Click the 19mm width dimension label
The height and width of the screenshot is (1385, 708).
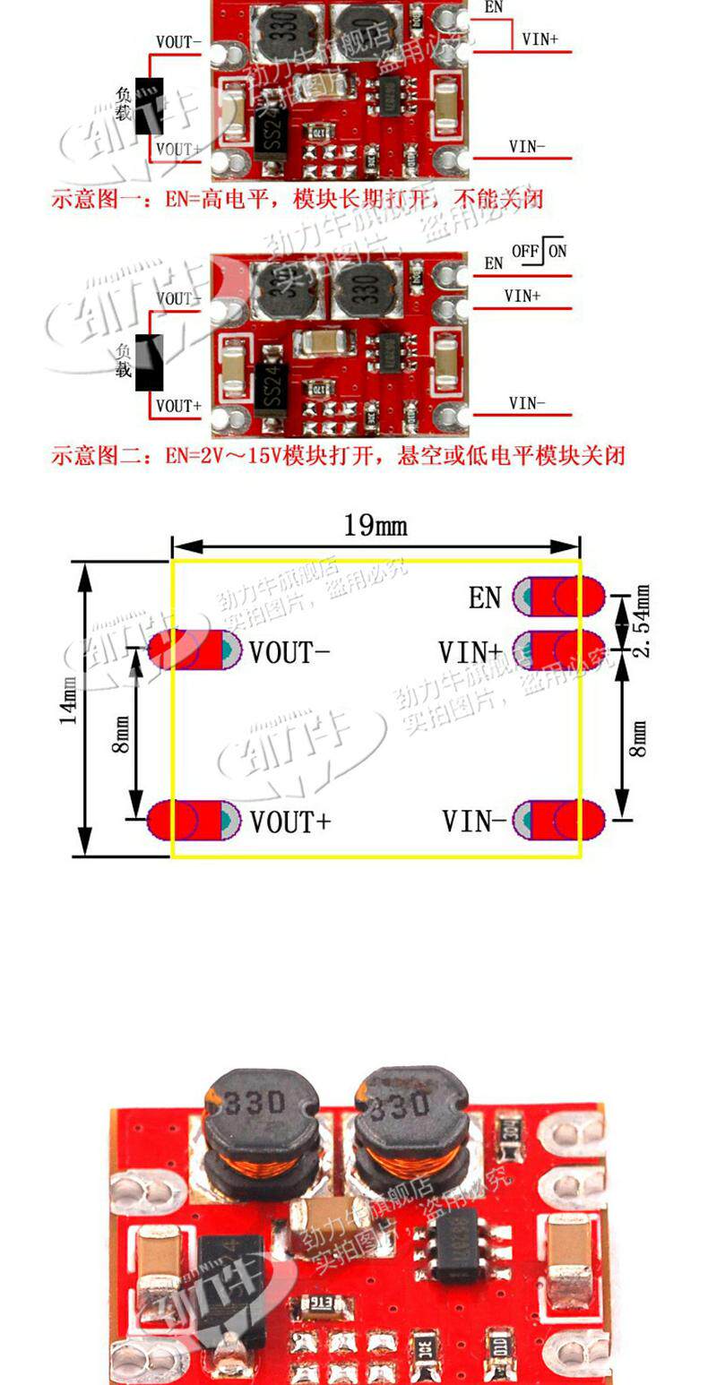click(375, 525)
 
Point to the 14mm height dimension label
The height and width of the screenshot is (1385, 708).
click(69, 700)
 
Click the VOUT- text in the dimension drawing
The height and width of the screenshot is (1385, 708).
click(289, 652)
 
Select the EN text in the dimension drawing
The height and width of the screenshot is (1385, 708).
click(485, 598)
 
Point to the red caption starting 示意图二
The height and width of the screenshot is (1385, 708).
click(337, 456)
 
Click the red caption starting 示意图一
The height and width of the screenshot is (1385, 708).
click(297, 199)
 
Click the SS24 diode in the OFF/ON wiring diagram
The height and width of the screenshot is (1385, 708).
click(272, 389)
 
